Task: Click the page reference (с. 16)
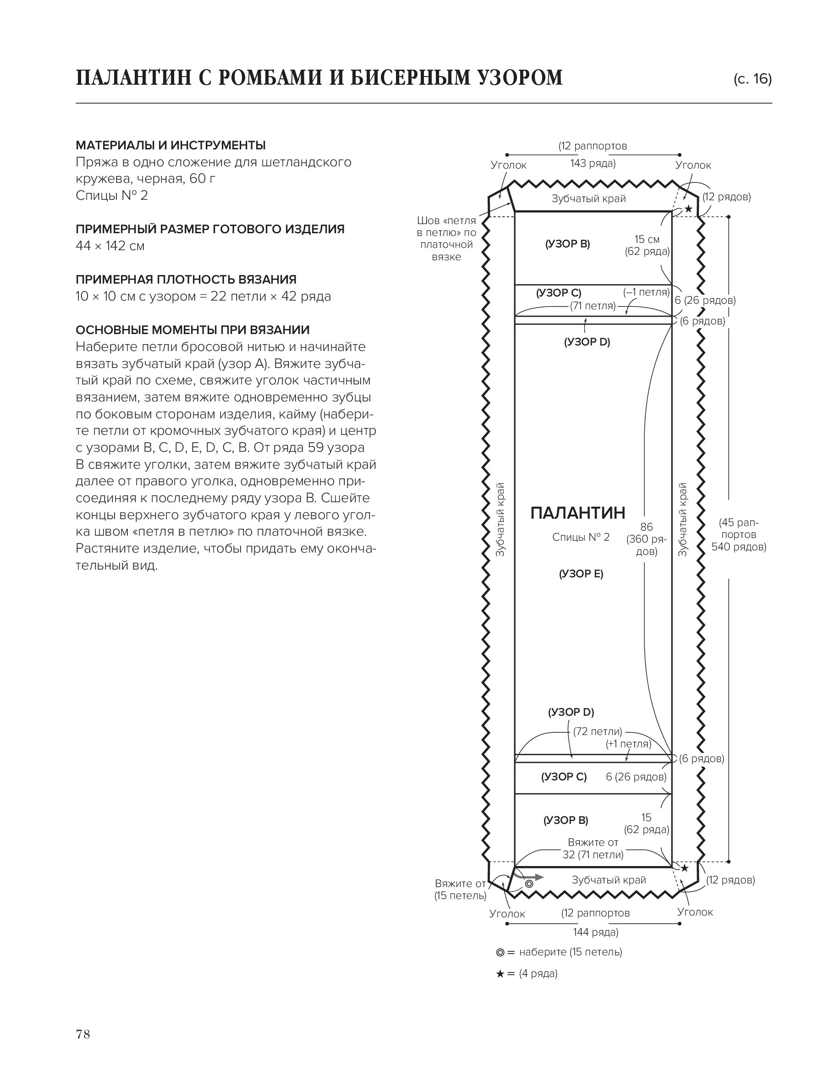[x=753, y=79]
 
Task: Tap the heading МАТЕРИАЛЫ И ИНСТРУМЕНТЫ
[x=170, y=145]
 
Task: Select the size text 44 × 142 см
[x=110, y=246]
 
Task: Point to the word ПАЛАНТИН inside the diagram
[x=577, y=513]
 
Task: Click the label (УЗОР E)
[x=581, y=573]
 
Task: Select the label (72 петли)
[x=597, y=731]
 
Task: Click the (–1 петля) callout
[x=646, y=292]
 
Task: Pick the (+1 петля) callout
[x=628, y=744]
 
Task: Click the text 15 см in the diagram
[x=647, y=239]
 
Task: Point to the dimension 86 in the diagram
[x=646, y=527]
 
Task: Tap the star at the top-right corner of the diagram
[x=688, y=209]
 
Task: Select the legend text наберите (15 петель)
[x=570, y=952]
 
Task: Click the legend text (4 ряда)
[x=538, y=973]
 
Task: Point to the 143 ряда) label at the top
[x=593, y=164]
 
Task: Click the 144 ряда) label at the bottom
[x=595, y=932]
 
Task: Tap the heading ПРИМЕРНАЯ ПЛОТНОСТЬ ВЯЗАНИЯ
[x=186, y=279]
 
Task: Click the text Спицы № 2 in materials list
[x=112, y=196]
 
